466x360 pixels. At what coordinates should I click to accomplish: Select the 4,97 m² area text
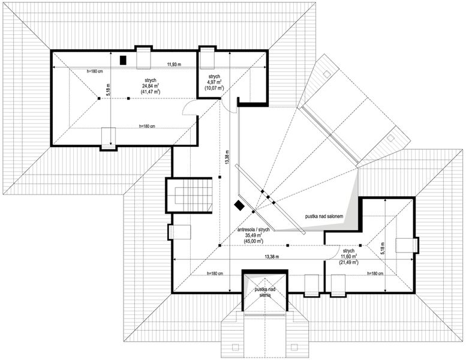coord(215,82)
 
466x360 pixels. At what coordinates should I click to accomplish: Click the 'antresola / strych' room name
coord(254,229)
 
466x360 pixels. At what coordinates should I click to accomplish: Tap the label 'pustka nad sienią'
coord(265,292)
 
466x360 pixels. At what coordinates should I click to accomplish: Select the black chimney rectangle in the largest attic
coord(124,60)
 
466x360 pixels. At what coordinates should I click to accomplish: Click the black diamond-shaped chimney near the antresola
coord(239,205)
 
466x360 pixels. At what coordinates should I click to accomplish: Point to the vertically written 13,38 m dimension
coord(227,159)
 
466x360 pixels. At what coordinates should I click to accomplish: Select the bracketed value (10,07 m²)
coord(215,88)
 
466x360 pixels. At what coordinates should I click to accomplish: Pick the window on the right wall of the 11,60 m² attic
coord(414,245)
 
